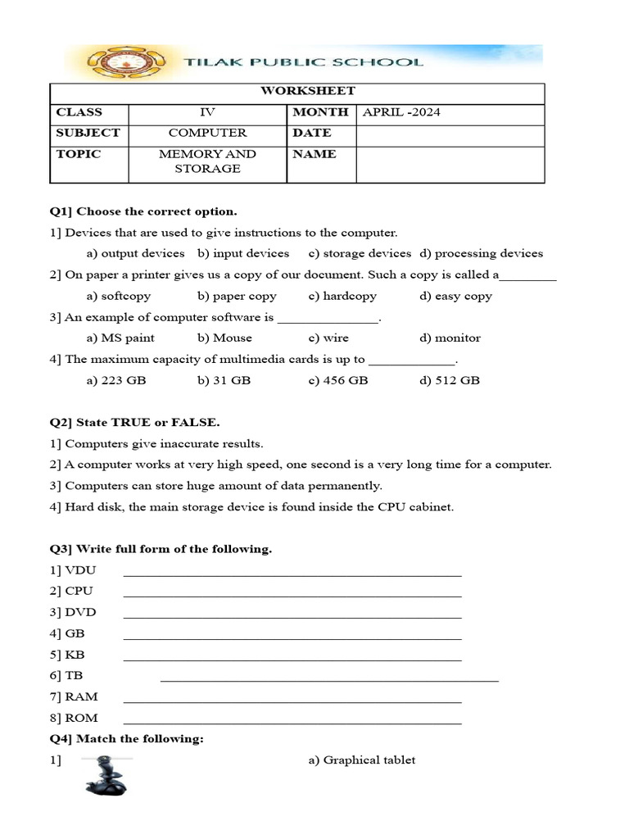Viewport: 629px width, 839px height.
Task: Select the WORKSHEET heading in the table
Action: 296,91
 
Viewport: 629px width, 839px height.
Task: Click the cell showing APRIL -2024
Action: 401,112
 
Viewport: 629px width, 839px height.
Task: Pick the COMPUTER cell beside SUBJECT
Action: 207,133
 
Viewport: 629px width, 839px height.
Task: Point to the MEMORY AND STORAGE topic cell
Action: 207,161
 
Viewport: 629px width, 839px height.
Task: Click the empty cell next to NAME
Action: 450,164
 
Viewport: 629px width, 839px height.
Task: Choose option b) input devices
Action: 243,253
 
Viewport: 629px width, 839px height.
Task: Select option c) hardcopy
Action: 342,296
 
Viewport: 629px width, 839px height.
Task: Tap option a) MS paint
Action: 120,338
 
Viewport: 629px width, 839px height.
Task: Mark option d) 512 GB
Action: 450,380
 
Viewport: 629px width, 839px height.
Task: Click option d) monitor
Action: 450,338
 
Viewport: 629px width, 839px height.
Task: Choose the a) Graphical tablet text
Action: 362,760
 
